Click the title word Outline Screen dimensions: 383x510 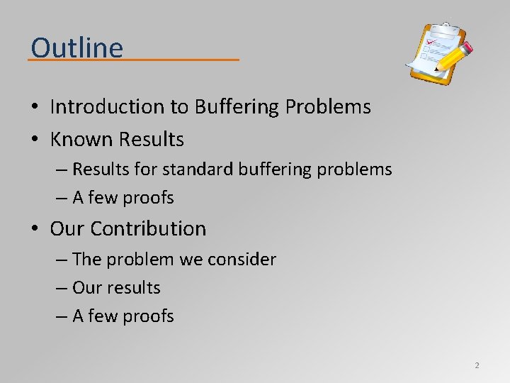[x=76, y=48]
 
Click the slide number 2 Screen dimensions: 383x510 [x=477, y=365]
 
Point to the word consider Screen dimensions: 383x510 [x=242, y=260]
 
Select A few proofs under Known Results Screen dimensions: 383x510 [x=123, y=198]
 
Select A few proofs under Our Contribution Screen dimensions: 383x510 [x=123, y=316]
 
